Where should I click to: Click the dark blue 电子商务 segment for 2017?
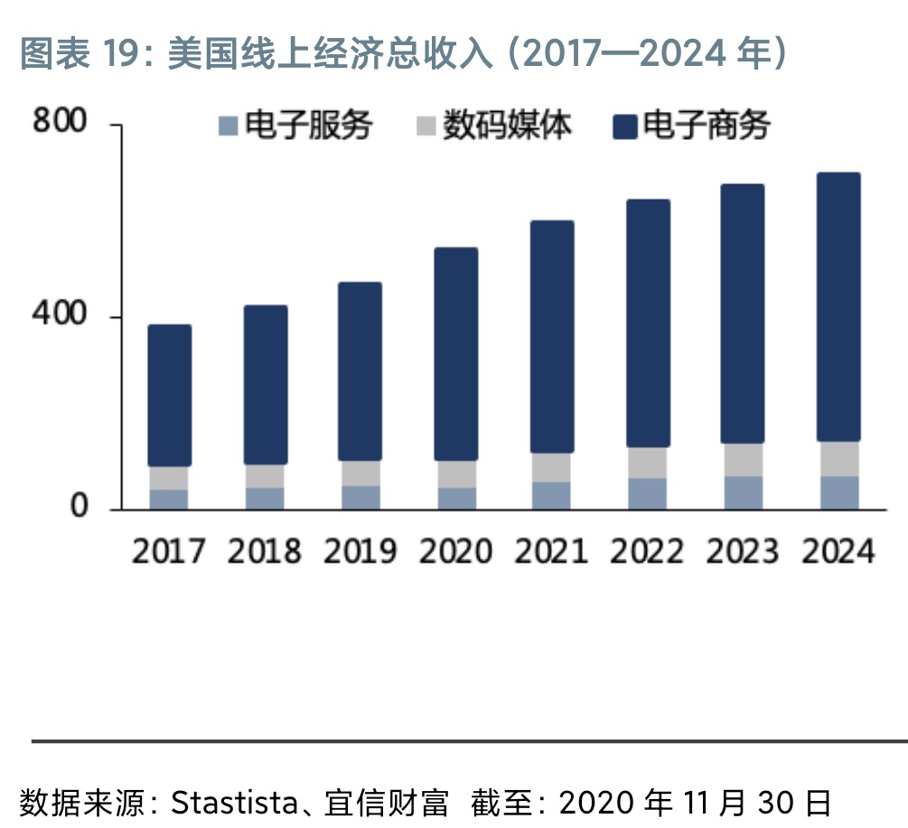169,395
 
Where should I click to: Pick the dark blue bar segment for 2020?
456,354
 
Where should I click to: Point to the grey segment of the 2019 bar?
360,473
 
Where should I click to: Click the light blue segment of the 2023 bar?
743,492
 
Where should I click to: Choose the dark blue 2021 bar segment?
551,337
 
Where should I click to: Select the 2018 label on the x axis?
264,551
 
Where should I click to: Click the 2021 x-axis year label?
551,551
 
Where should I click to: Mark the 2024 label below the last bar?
838,551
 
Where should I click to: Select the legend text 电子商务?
706,126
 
